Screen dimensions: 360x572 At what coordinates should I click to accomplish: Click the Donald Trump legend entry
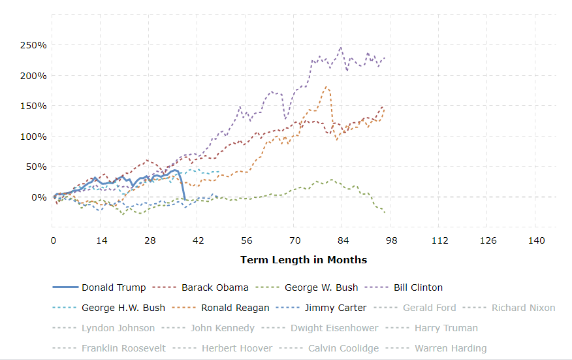(x=114, y=287)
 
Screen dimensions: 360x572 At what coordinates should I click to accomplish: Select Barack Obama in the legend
(x=215, y=287)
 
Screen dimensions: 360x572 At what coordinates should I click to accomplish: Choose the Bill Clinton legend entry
(x=417, y=287)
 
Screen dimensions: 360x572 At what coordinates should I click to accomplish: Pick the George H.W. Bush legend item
(x=123, y=308)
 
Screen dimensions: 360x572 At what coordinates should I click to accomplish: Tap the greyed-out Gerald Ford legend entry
(x=430, y=308)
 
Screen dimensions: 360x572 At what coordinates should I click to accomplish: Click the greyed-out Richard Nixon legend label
(x=523, y=308)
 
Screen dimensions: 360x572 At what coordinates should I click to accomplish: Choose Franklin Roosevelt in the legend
(x=123, y=348)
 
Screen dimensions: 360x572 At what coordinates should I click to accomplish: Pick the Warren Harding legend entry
(x=450, y=348)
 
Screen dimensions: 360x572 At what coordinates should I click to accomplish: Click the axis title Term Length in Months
(x=304, y=260)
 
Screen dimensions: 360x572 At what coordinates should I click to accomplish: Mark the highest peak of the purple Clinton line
(x=341, y=47)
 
